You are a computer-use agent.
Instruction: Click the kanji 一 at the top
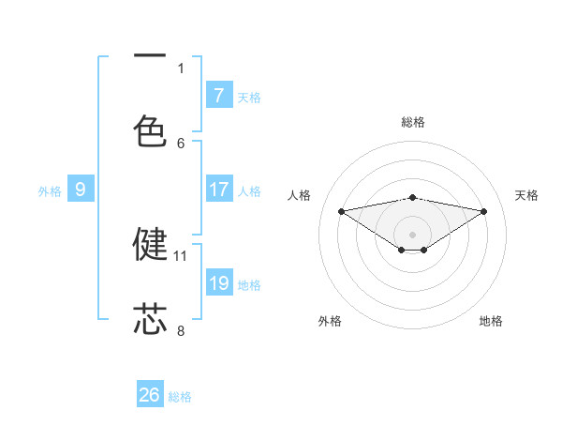tap(150, 56)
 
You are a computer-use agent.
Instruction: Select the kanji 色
tap(150, 130)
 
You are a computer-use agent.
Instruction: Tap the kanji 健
tap(150, 243)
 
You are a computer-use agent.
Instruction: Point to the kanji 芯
tap(150, 318)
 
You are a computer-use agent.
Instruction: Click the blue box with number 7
tap(219, 96)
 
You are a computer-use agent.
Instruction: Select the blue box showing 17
tap(219, 190)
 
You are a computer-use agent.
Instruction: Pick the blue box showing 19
tap(219, 283)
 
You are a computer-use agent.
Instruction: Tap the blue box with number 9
tap(81, 190)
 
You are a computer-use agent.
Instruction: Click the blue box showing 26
tap(150, 395)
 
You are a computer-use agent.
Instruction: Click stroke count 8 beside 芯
tap(181, 330)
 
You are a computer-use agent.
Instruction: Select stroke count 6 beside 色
tap(181, 143)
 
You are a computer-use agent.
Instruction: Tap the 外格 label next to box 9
tap(50, 191)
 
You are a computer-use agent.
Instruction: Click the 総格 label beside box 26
tap(180, 397)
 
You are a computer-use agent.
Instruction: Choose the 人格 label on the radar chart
tap(300, 195)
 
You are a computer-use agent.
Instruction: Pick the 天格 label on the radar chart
tap(526, 195)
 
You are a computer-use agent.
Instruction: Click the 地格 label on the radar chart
tap(491, 321)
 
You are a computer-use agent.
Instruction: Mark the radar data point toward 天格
tap(484, 211)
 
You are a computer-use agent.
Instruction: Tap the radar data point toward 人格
tap(341, 211)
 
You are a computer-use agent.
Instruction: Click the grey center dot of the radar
tap(413, 234)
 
